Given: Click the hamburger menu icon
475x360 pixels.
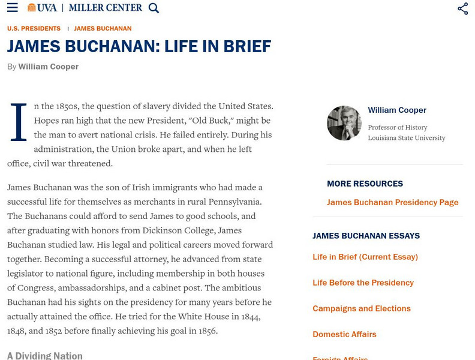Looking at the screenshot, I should click(x=12, y=8).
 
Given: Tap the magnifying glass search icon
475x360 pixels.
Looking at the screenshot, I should click(x=154, y=8).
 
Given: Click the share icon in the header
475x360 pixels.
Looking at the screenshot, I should click(x=462, y=8).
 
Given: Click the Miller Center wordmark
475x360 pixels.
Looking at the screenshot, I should click(x=106, y=8).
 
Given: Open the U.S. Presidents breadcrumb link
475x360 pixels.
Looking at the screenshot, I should click(x=34, y=29).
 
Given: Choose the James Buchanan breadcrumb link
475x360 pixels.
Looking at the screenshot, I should click(x=103, y=29).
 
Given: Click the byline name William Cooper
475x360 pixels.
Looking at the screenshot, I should click(x=48, y=67).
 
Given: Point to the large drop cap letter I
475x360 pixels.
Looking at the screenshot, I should click(x=19, y=123).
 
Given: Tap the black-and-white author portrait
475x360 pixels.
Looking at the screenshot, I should click(x=344, y=123).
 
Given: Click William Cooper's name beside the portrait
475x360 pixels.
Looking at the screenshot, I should click(x=397, y=110).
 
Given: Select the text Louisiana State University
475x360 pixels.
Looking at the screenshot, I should click(x=407, y=138).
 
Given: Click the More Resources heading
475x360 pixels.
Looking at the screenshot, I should click(x=365, y=184).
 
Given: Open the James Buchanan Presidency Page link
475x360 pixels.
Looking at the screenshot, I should click(x=392, y=202).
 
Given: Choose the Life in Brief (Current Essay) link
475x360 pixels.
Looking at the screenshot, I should click(x=365, y=257).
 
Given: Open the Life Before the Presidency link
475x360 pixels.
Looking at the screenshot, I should click(x=363, y=283).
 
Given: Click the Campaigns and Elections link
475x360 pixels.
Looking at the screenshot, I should click(x=361, y=308).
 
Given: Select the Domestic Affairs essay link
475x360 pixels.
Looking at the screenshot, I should click(x=344, y=334).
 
